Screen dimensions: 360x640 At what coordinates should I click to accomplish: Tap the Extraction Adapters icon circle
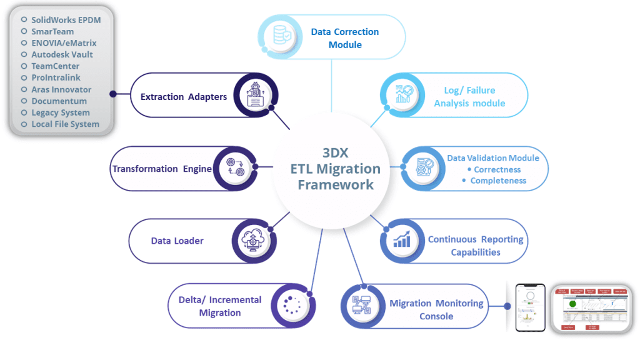pos(256,96)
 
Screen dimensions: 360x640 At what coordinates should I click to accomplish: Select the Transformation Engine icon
pos(235,168)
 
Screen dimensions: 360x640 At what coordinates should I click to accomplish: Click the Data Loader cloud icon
pos(254,240)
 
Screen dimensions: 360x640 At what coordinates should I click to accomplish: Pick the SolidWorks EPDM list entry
pos(66,20)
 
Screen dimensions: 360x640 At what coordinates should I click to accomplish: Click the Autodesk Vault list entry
pos(62,54)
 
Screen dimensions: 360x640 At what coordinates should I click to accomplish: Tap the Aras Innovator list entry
pos(61,89)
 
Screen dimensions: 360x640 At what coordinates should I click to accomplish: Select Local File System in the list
pos(65,124)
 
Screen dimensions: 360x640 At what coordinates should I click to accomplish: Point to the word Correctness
pos(497,169)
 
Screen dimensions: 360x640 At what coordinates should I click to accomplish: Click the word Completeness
pos(498,181)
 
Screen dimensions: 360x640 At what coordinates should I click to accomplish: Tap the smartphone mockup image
pos(530,307)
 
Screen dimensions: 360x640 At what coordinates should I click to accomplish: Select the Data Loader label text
pos(177,241)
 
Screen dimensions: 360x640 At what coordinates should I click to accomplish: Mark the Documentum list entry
pos(59,101)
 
